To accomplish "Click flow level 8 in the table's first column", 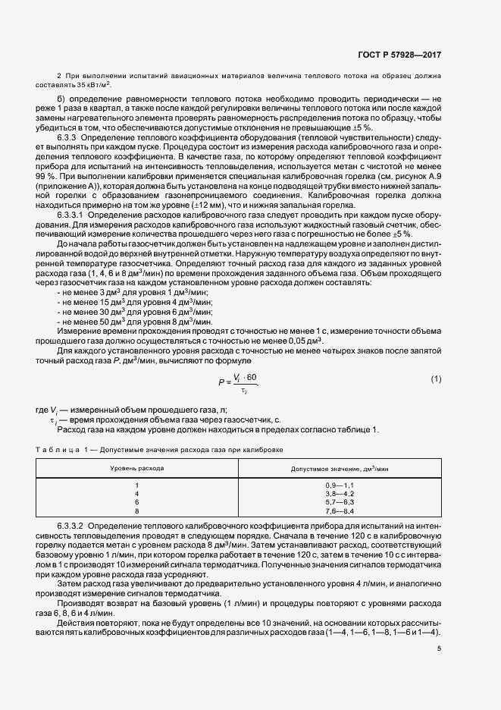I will pos(137,511).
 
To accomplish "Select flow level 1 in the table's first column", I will pos(137,485).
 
